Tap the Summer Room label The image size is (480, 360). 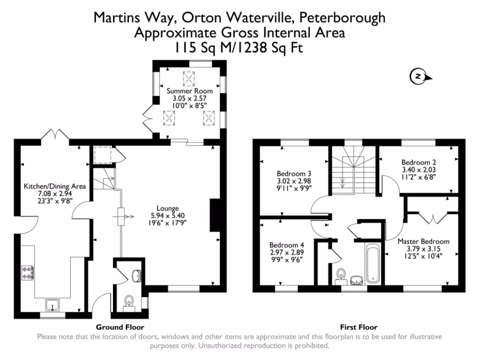click(189, 91)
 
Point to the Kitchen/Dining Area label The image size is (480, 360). click(55, 187)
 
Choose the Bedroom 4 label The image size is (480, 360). click(287, 245)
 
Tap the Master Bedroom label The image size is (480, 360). click(423, 241)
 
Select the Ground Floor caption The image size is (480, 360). click(120, 327)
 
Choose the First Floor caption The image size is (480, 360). click(359, 327)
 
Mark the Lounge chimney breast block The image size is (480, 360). click(216, 215)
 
